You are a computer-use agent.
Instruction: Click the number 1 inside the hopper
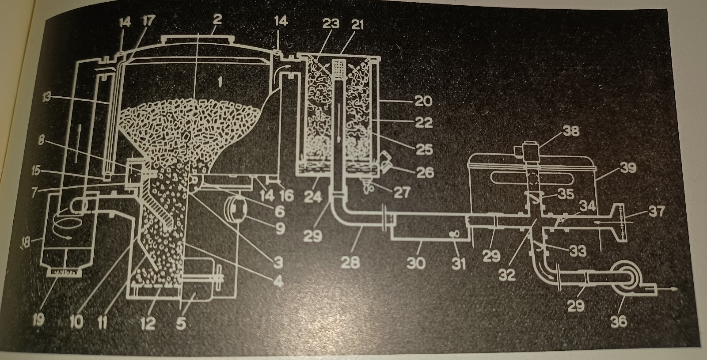point(220,82)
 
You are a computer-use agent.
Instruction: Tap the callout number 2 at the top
point(217,20)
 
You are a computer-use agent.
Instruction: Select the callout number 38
point(570,131)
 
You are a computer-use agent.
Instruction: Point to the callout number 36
point(619,321)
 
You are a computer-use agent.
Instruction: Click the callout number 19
point(39,321)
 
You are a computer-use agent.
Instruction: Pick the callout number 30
point(416,263)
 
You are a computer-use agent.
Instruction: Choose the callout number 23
point(331,24)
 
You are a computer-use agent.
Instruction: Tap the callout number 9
point(280,228)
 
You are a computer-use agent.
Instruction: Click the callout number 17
point(148,21)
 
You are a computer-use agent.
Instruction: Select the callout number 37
point(657,211)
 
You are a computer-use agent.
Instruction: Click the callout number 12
point(148,323)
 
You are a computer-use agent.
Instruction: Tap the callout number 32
point(507,275)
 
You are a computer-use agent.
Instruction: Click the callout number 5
point(181,323)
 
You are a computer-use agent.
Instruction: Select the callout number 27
point(402,192)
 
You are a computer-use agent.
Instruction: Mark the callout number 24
point(313,197)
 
